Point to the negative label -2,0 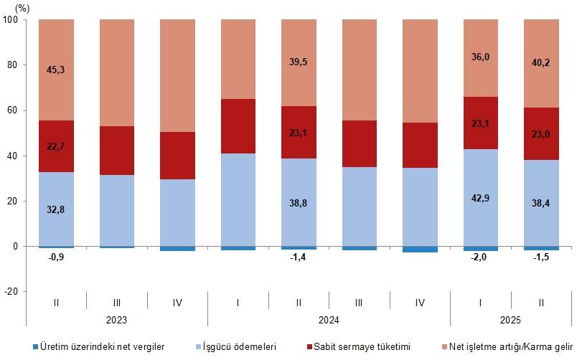(x=481, y=257)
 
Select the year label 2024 (x=329, y=319)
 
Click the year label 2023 (x=116, y=319)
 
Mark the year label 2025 (x=511, y=319)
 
